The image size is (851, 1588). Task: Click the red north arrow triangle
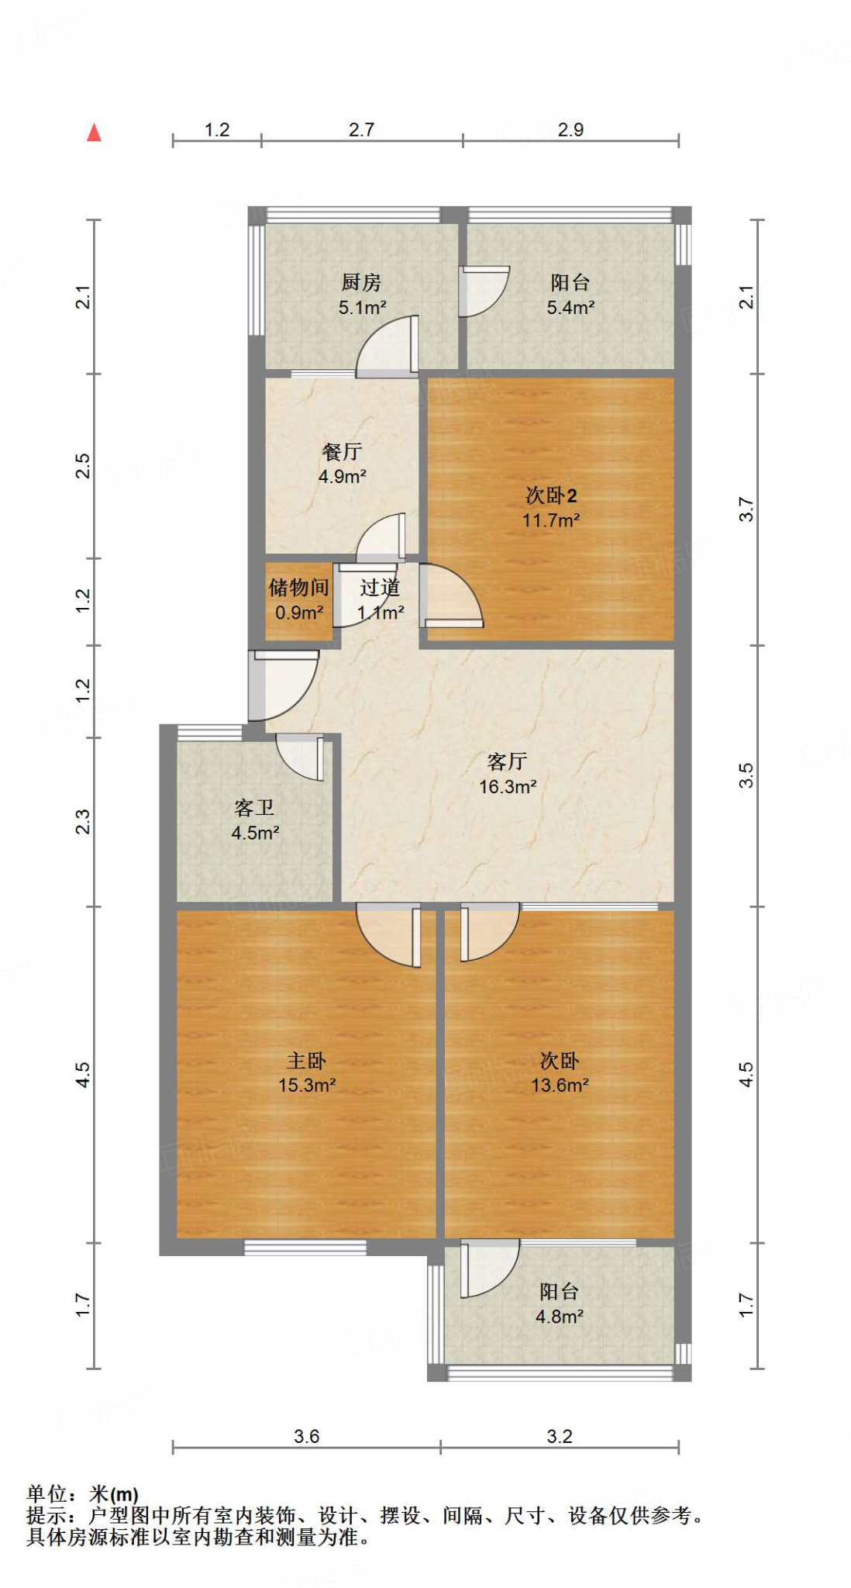(94, 133)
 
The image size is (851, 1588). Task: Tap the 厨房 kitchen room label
(361, 282)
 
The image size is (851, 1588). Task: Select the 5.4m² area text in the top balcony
(570, 308)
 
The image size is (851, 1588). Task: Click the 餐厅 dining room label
(342, 451)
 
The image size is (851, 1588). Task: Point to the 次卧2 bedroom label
(551, 495)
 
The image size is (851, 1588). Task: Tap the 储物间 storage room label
(299, 588)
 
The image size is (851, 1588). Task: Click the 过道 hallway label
(380, 588)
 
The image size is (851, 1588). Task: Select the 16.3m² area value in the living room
(508, 787)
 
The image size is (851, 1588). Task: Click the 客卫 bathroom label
(254, 808)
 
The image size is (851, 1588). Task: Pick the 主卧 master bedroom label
(306, 1060)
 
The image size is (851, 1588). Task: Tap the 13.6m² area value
(560, 1086)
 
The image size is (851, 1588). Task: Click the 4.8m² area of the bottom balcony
(560, 1317)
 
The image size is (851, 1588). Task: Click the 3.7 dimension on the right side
(746, 509)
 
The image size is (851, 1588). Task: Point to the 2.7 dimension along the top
(361, 129)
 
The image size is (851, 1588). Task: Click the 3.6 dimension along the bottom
(306, 1437)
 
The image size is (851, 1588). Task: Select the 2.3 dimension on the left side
(83, 822)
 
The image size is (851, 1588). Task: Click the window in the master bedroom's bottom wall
(305, 1247)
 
